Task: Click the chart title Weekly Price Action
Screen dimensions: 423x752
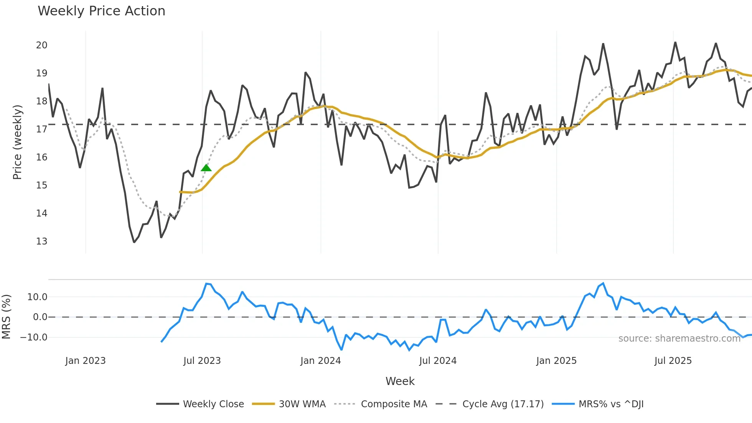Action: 101,11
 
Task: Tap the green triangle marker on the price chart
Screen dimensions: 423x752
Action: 206,168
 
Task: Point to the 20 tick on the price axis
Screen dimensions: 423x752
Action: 41,45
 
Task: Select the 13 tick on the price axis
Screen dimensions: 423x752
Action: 41,241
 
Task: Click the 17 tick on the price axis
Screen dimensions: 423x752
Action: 41,129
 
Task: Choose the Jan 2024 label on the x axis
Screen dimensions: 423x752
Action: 320,361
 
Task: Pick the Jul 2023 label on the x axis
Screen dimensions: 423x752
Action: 202,361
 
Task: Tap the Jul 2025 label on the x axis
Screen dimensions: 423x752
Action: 673,361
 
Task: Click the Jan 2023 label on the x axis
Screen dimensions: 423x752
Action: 85,361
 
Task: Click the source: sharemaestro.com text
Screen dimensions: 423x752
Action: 679,339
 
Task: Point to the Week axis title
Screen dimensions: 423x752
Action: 400,381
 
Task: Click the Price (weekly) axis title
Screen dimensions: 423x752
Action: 17,142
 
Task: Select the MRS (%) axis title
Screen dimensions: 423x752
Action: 7,317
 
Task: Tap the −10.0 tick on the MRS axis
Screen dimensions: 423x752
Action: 34,337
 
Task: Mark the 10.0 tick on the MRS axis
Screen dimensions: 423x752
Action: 37,297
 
